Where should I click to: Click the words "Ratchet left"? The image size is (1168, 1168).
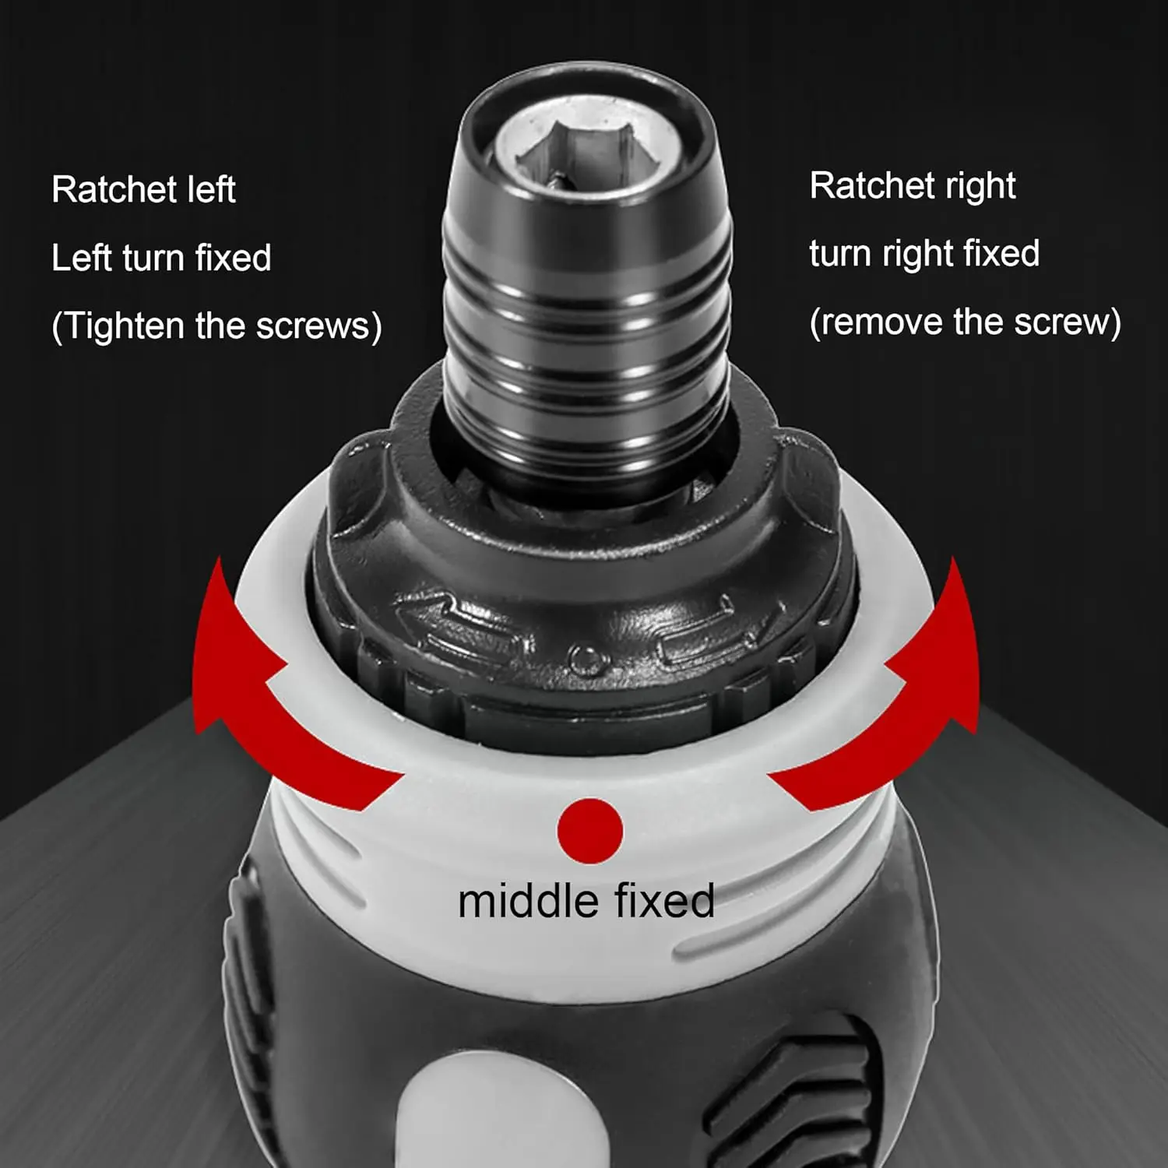143,189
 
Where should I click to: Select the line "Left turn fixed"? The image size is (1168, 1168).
161,257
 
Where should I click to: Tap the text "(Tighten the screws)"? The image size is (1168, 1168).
216,325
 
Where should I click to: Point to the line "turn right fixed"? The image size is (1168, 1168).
924,254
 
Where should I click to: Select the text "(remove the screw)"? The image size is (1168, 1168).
966,322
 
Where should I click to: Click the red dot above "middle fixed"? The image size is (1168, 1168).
590,831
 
